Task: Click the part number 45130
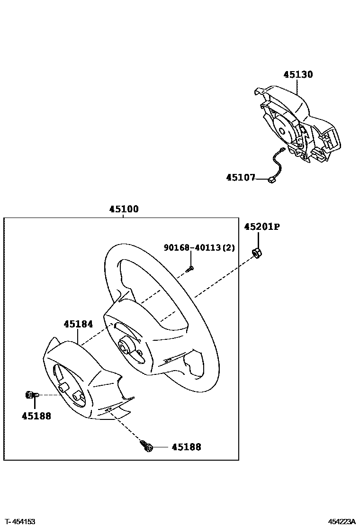click(298, 74)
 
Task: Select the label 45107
click(241, 178)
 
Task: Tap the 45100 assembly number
click(124, 209)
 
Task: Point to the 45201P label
click(262, 227)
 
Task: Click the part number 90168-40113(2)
click(199, 247)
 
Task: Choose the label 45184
click(78, 324)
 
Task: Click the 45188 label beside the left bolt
click(36, 416)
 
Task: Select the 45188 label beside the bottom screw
click(186, 447)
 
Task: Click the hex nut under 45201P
click(256, 253)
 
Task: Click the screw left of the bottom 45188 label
click(146, 445)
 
